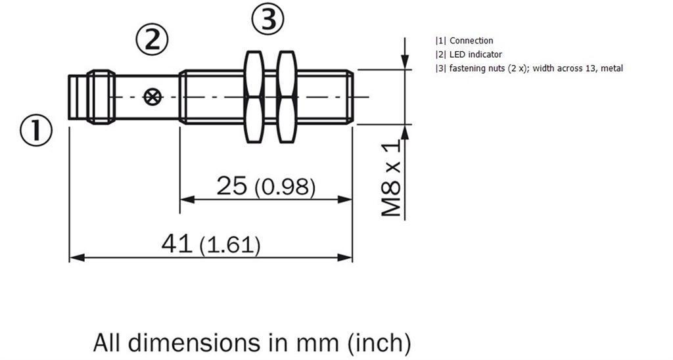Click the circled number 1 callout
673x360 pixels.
point(36,130)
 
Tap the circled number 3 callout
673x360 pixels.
point(268,18)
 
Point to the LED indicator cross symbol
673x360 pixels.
point(152,97)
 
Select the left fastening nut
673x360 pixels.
point(254,97)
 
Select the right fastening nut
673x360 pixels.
point(287,97)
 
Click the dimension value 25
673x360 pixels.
point(232,186)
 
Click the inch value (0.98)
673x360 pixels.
point(285,187)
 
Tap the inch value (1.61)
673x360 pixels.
point(230,246)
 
